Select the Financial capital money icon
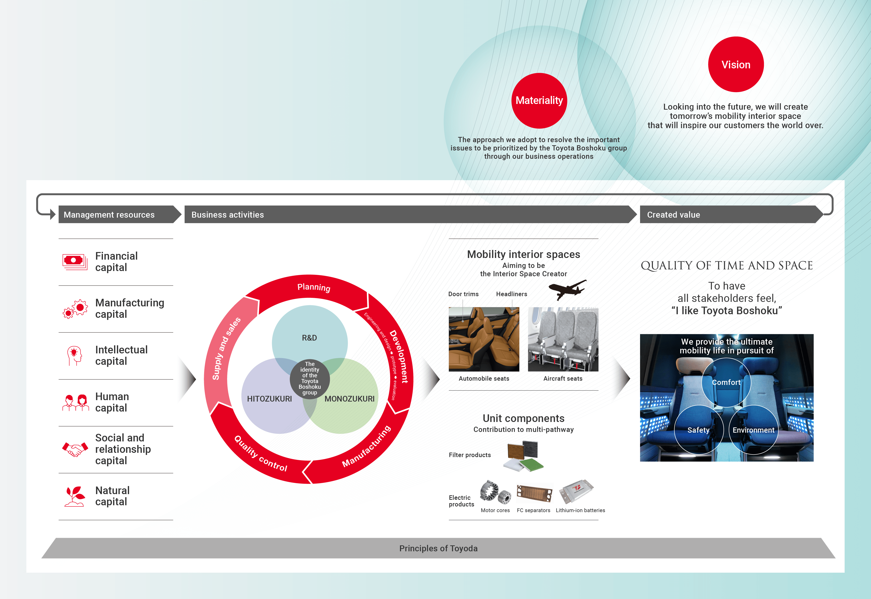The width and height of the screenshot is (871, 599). [x=74, y=261]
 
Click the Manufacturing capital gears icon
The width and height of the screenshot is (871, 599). [x=75, y=309]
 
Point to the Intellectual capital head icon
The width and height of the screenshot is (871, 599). [x=74, y=356]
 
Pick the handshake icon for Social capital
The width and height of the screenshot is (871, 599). [x=75, y=449]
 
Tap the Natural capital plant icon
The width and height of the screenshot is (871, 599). [x=74, y=496]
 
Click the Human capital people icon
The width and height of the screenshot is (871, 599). [x=75, y=402]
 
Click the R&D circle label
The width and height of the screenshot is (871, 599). [x=309, y=338]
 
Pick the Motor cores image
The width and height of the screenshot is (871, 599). [x=495, y=492]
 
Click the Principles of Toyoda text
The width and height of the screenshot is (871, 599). [x=438, y=548]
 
